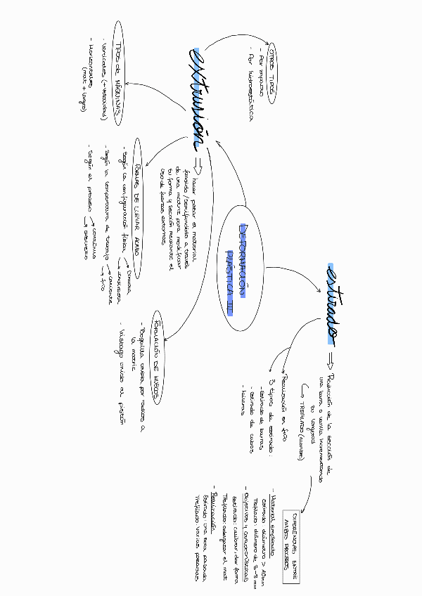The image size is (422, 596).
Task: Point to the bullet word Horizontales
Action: [89, 64]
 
